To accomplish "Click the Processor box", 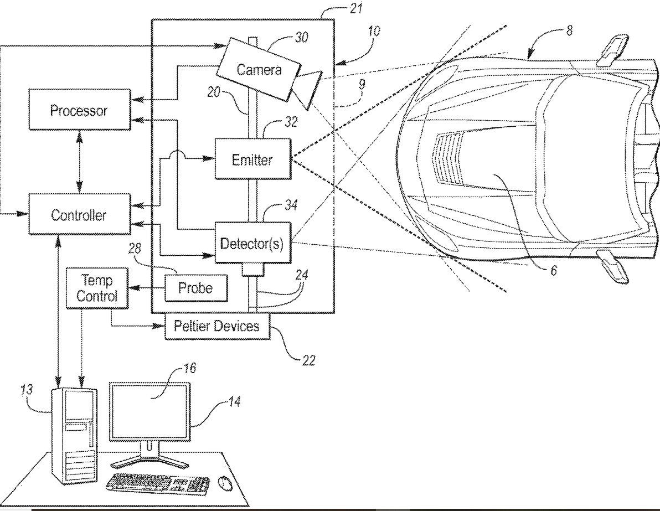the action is [80, 110].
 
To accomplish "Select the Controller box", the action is [80, 214].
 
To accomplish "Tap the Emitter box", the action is [253, 159].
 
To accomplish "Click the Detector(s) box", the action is [253, 243].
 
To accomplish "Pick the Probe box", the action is [195, 288].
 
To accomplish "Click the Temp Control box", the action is [97, 288].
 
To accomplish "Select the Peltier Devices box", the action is [217, 326].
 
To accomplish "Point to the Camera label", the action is [259, 69].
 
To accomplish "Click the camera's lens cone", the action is [308, 89].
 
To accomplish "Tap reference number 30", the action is [301, 37].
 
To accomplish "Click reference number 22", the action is [308, 361].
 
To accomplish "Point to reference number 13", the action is [27, 390].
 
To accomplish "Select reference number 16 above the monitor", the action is [189, 368].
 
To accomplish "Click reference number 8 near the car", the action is [569, 30].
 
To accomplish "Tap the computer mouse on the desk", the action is [225, 483].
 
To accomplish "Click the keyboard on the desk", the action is [158, 484].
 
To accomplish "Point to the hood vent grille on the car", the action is [449, 159].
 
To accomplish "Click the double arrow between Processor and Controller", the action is [80, 162].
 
